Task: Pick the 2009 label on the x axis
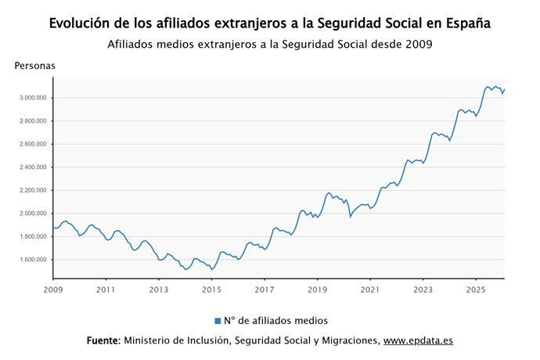(x=53, y=290)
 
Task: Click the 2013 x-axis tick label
(x=159, y=290)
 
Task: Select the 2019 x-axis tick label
(x=317, y=290)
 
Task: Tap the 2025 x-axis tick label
(x=475, y=290)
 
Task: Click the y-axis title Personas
(x=34, y=66)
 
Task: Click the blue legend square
(x=218, y=321)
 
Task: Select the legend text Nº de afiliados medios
(x=275, y=321)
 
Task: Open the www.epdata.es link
(x=418, y=341)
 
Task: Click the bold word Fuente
(x=103, y=341)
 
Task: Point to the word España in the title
(x=468, y=23)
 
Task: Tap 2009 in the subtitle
(x=417, y=45)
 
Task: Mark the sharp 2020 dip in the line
(x=351, y=216)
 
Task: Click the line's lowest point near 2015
(x=212, y=269)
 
